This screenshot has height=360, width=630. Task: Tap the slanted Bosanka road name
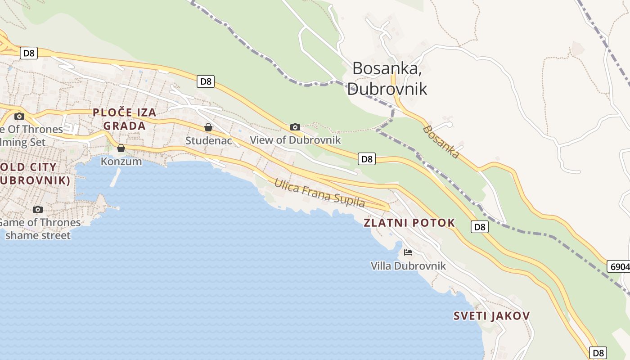tap(441, 142)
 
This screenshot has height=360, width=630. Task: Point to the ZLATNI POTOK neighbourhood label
tap(409, 223)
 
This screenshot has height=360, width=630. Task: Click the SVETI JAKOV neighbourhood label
tap(491, 316)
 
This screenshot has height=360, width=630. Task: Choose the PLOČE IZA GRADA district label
tap(125, 119)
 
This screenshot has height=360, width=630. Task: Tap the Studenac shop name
tap(208, 140)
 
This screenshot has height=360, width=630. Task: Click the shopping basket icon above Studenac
tap(208, 127)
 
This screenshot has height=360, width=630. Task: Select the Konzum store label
tap(121, 161)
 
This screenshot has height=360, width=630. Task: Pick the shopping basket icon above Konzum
tap(121, 148)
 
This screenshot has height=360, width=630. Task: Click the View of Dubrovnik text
tap(295, 140)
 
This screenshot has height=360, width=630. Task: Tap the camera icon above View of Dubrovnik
tap(295, 127)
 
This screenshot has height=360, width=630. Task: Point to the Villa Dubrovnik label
tap(408, 266)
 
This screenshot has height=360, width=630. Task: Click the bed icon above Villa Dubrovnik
tap(408, 252)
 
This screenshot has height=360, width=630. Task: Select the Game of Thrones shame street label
tap(38, 229)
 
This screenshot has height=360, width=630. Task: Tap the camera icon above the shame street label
tap(38, 209)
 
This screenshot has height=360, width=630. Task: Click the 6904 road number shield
tap(619, 266)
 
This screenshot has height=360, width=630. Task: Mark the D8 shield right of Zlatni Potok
tap(480, 227)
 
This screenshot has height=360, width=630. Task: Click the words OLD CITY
tap(29, 167)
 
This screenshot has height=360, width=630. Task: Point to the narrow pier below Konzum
tap(115, 177)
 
